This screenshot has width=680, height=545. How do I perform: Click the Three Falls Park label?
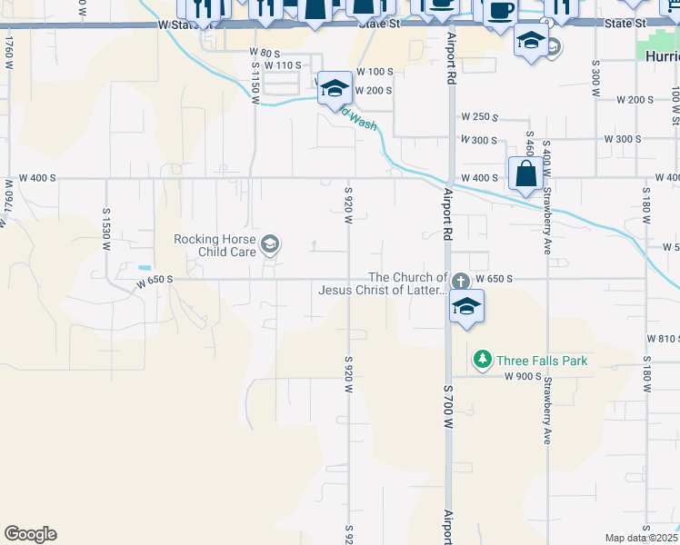click(541, 361)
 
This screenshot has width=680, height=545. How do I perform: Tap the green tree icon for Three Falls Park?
click(484, 361)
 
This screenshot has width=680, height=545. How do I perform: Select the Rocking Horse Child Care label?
click(215, 245)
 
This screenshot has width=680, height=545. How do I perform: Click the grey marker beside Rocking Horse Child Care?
click(270, 243)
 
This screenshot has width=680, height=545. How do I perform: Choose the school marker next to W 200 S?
click(335, 88)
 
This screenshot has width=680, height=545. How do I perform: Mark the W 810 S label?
click(663, 338)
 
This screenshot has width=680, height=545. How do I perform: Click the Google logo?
click(30, 534)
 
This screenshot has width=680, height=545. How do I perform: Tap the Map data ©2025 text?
click(640, 538)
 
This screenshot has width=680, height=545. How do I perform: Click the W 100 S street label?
click(375, 71)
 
